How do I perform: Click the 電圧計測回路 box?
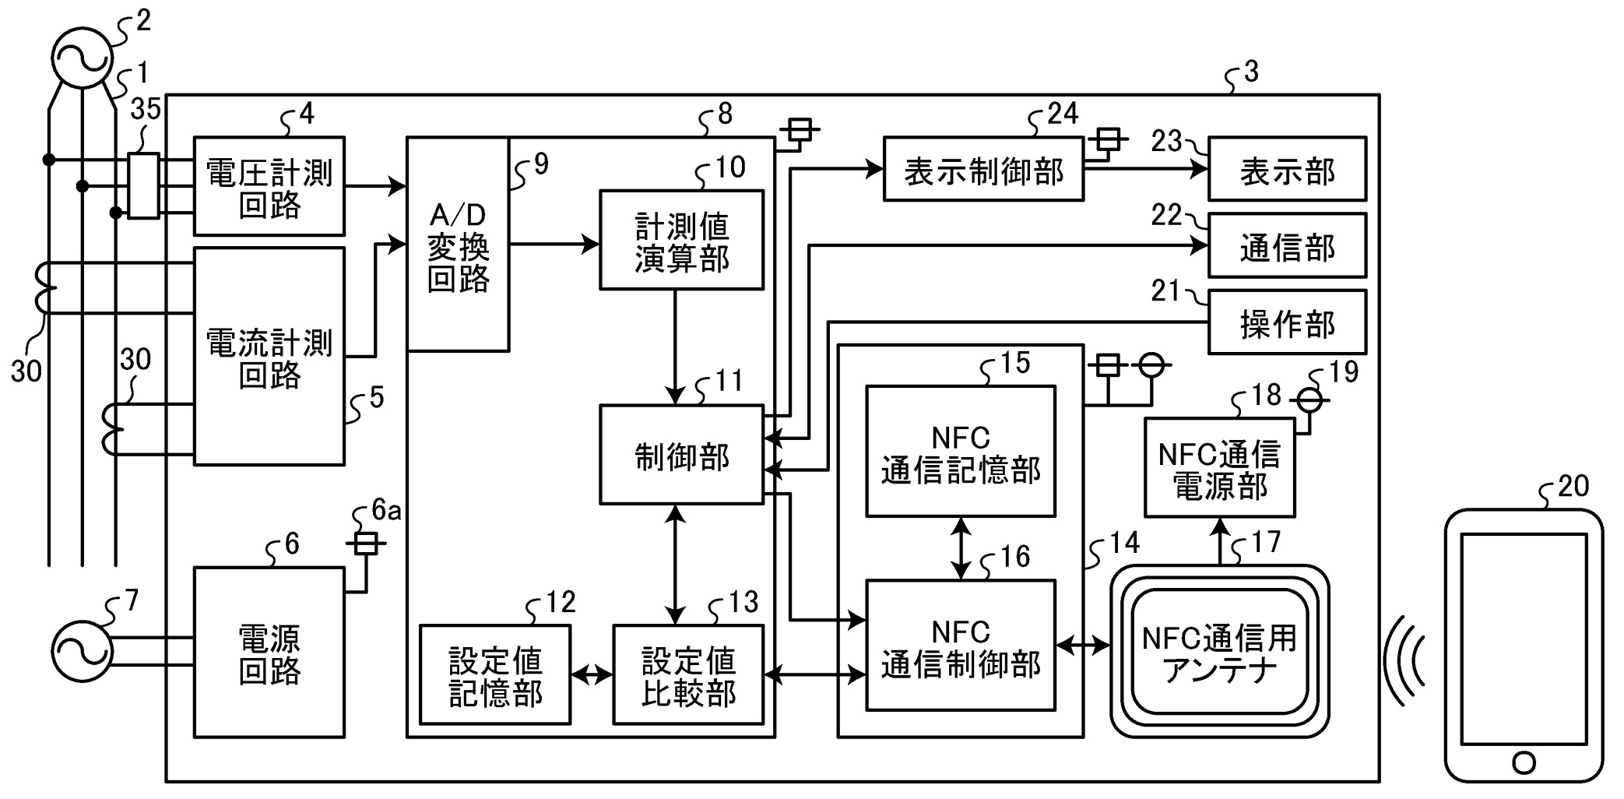pyautogui.click(x=269, y=186)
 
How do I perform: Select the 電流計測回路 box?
pyautogui.click(x=269, y=357)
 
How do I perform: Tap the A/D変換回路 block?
pyautogui.click(x=458, y=245)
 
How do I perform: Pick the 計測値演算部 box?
pyautogui.click(x=681, y=240)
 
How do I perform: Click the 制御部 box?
pyautogui.click(x=681, y=455)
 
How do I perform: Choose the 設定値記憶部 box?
pyautogui.click(x=495, y=674)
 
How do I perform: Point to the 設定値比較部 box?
pyautogui.click(x=688, y=674)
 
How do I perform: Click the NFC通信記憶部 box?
pyautogui.click(x=961, y=452)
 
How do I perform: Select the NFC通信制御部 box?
pyautogui.click(x=961, y=646)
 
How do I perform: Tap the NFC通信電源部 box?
pyautogui.click(x=1219, y=467)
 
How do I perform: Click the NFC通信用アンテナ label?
pyautogui.click(x=1219, y=653)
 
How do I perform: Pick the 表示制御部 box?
pyautogui.click(x=983, y=169)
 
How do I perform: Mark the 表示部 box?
pyautogui.click(x=1287, y=169)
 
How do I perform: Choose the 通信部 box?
pyautogui.click(x=1287, y=245)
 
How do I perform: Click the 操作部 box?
pyautogui.click(x=1287, y=322)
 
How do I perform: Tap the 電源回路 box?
pyautogui.click(x=269, y=653)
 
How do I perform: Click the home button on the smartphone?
pyautogui.click(x=1524, y=762)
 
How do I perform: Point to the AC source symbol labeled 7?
pyautogui.click(x=81, y=652)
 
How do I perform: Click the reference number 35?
pyautogui.click(x=146, y=110)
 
